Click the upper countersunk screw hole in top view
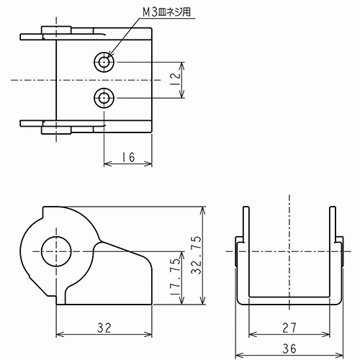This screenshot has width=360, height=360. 106,62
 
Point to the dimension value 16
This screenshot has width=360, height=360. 128,156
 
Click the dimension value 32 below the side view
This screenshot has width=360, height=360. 104,328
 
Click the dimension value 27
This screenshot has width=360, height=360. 289,328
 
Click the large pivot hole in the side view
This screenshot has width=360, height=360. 55,253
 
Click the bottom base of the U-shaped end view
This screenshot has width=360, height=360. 289,302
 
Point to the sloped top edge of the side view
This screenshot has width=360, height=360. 122,248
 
